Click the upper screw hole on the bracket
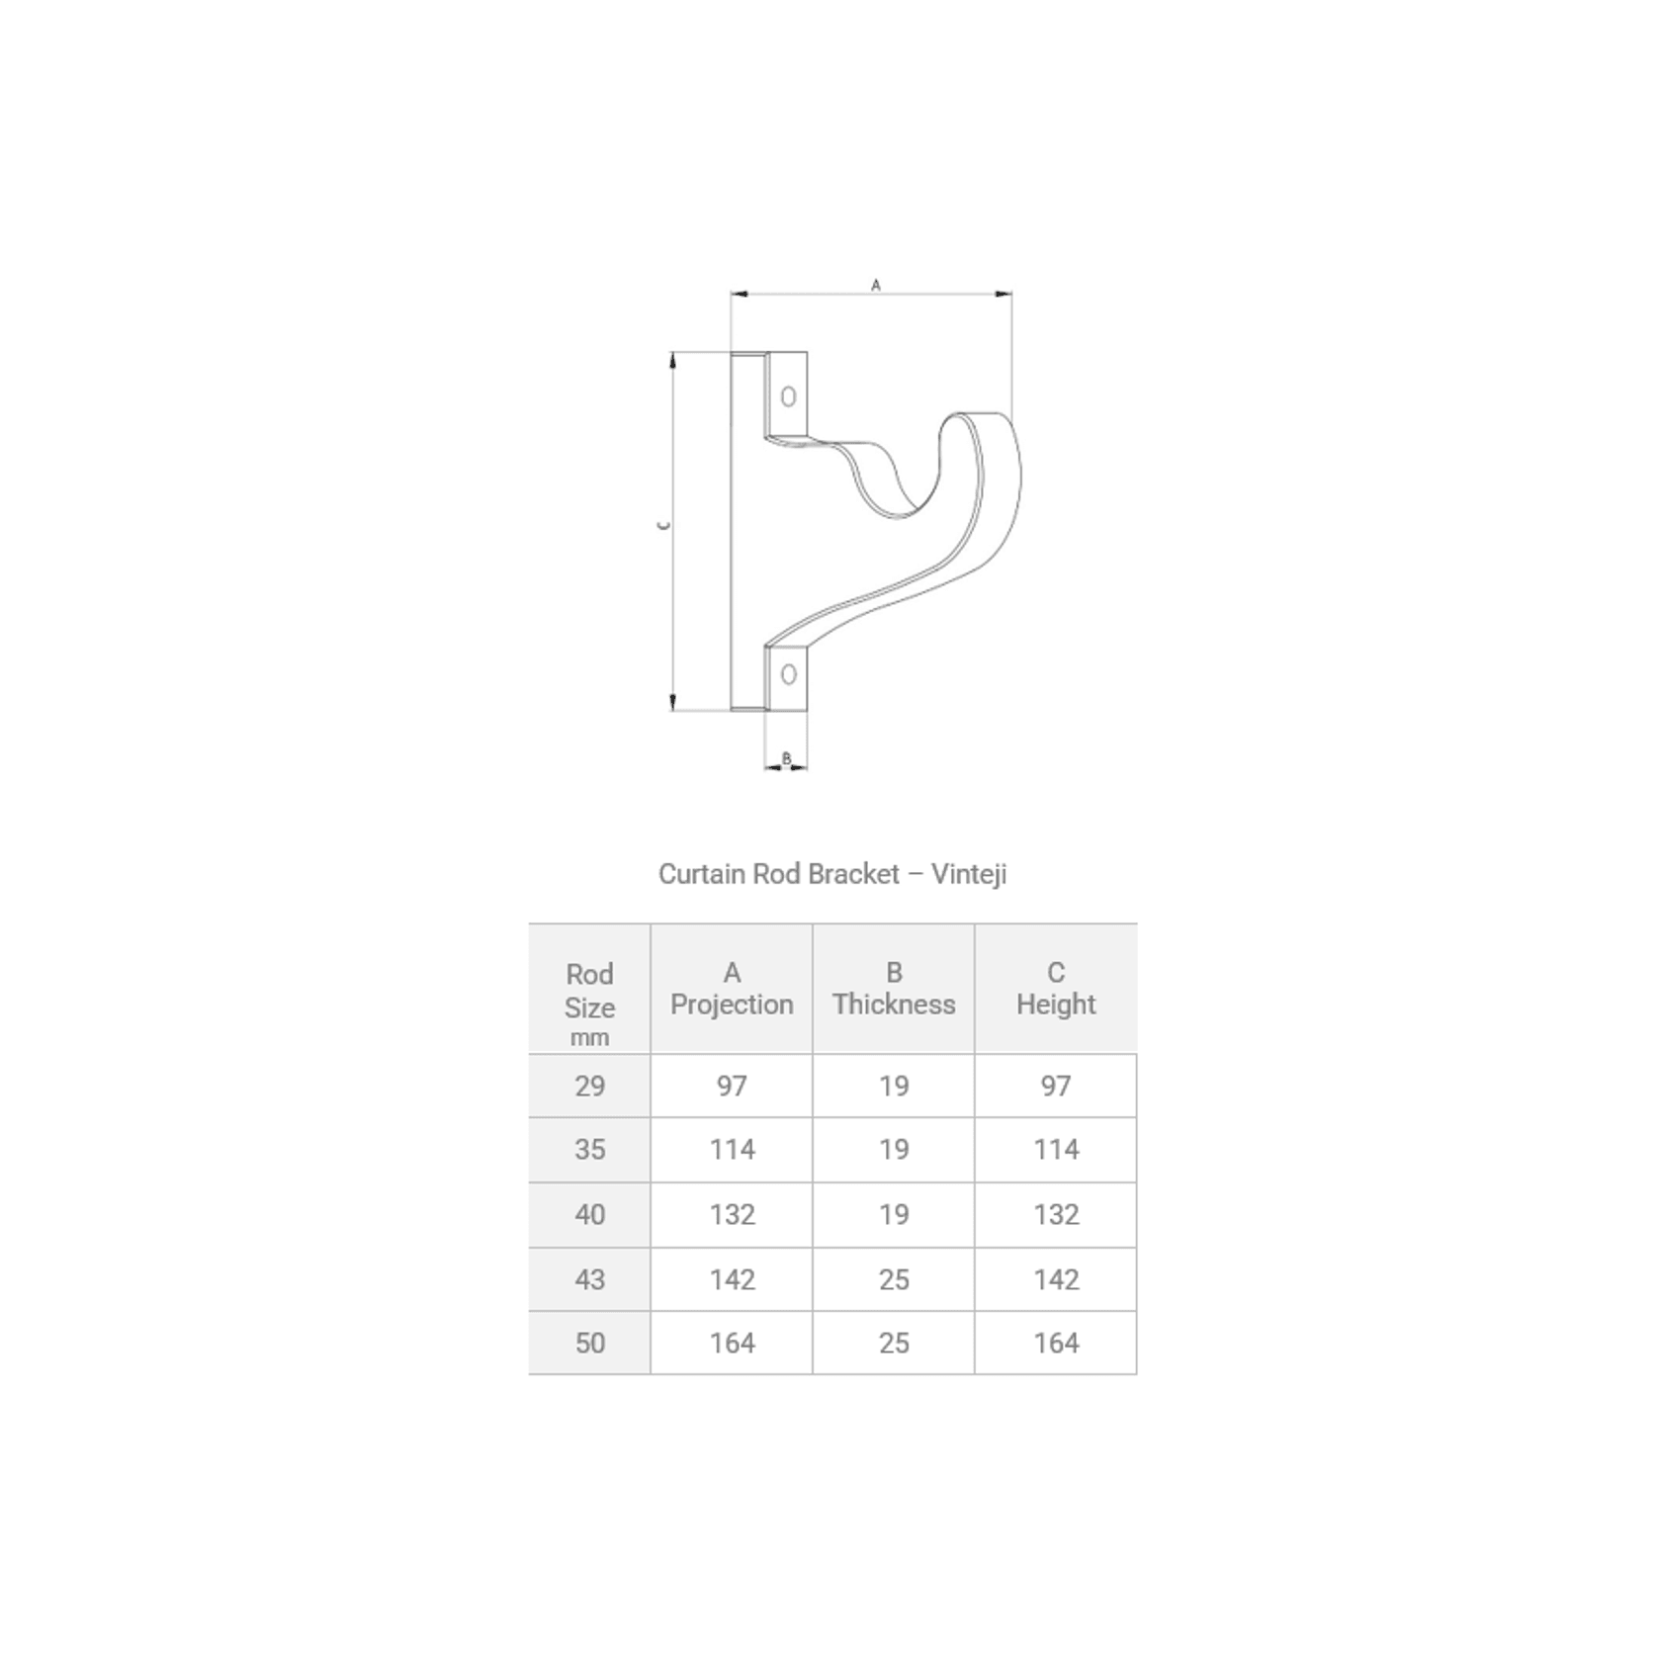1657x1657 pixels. click(x=788, y=396)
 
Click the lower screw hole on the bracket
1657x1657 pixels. click(x=788, y=674)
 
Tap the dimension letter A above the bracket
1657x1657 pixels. click(x=876, y=285)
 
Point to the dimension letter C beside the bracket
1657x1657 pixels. click(x=664, y=525)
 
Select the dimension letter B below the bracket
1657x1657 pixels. click(x=787, y=758)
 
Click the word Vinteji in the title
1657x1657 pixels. click(x=968, y=874)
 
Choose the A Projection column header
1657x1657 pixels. click(x=732, y=989)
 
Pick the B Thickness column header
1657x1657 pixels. click(x=894, y=989)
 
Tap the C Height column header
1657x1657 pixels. click(x=1056, y=989)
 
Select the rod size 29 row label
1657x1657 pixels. click(x=589, y=1087)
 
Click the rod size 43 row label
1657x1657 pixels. click(x=589, y=1279)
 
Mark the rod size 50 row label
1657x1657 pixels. click(x=589, y=1343)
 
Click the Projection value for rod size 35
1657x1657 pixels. click(x=732, y=1150)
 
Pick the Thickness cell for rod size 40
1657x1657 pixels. click(x=894, y=1214)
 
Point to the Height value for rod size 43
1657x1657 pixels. click(x=1056, y=1279)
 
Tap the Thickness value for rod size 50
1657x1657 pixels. click(x=894, y=1343)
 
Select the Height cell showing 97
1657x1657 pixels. click(x=1056, y=1087)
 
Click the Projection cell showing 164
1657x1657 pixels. click(x=732, y=1343)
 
